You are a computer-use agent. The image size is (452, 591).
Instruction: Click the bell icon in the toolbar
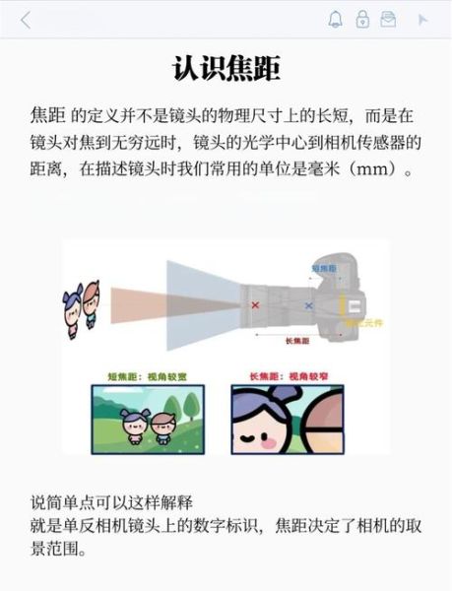336,20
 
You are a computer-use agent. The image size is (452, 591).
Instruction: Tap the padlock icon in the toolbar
362,20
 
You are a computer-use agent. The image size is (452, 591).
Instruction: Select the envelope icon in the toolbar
389,20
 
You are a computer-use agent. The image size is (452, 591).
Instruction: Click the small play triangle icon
423,20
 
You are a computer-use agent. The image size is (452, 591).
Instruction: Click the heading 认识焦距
226,68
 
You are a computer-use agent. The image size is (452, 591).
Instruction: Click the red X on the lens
255,307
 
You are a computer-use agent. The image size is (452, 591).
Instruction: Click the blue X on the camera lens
309,307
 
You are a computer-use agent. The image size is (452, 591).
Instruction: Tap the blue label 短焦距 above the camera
324,268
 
